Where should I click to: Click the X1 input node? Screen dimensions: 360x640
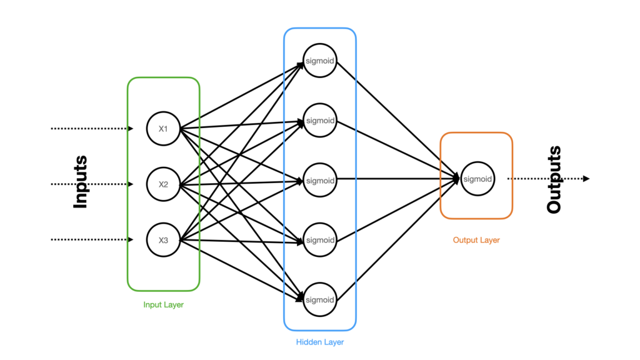(163, 129)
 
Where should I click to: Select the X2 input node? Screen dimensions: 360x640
(163, 184)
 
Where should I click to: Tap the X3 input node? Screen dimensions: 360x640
(163, 240)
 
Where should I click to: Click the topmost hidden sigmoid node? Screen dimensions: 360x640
(320, 61)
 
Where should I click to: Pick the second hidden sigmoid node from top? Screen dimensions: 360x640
(320, 121)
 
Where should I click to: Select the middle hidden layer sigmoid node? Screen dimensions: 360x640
(320, 180)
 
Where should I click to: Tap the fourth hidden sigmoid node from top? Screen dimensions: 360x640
(320, 239)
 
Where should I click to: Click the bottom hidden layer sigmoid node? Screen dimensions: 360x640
(320, 299)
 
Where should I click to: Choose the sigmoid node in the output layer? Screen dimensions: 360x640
(478, 179)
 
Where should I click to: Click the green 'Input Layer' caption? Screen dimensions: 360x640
(163, 305)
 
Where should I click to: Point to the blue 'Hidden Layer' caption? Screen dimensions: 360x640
(320, 342)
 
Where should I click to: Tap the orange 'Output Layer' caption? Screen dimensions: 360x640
(476, 240)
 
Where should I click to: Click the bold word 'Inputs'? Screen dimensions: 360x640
(80, 182)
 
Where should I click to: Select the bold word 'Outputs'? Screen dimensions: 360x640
(554, 180)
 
